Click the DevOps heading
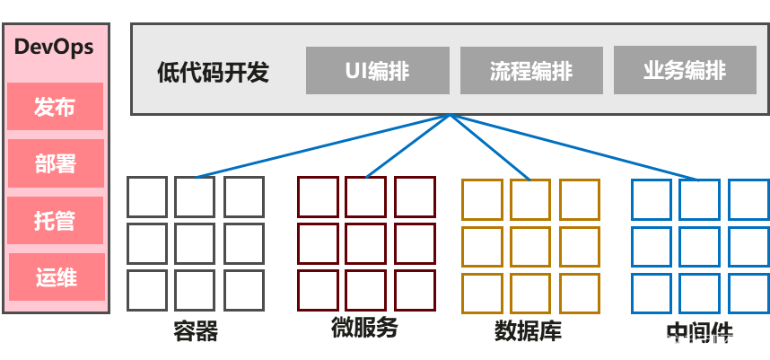click(x=55, y=47)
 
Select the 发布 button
click(x=55, y=107)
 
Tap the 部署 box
click(x=55, y=163)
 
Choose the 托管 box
click(x=55, y=220)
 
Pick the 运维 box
click(x=56, y=277)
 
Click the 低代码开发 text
click(x=213, y=72)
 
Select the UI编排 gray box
click(x=377, y=71)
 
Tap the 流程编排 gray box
click(x=531, y=71)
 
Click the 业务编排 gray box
click(x=685, y=71)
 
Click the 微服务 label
click(x=363, y=327)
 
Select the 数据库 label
click(x=528, y=331)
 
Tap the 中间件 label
click(x=699, y=329)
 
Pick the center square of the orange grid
click(x=530, y=247)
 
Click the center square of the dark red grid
click(x=366, y=243)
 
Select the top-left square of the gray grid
click(x=147, y=197)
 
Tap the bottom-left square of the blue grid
click(x=651, y=293)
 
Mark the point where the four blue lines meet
click(x=451, y=115)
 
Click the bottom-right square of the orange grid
click(x=579, y=293)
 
